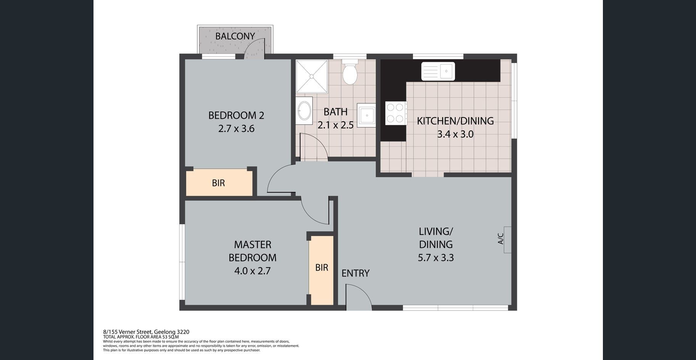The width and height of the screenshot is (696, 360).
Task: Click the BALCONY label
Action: pos(235,36)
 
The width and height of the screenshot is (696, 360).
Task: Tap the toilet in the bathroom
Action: pos(350,72)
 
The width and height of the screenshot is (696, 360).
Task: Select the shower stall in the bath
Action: pos(312,76)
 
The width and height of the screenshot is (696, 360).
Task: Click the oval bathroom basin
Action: pos(304,111)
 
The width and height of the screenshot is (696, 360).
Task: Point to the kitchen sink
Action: pos(438,71)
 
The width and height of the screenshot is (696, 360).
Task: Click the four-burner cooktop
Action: pos(396,113)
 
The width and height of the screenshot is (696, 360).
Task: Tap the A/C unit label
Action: pos(501,239)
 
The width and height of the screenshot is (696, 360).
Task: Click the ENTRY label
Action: pos(355,273)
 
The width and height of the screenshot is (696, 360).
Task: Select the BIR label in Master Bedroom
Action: pos(322,268)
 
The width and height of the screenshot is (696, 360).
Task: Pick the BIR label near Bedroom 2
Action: pos(218,183)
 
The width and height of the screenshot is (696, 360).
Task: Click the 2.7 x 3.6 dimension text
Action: pos(236,129)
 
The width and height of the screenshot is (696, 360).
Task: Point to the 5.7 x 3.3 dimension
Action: pos(436,258)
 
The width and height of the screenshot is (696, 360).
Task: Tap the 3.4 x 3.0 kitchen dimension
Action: pos(455,134)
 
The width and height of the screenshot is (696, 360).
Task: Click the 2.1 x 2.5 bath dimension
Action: pos(336,125)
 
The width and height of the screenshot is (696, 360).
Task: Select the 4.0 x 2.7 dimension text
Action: pos(252,271)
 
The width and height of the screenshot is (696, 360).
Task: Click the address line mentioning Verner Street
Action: pos(146,332)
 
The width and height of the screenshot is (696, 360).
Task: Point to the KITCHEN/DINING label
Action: pos(455,121)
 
